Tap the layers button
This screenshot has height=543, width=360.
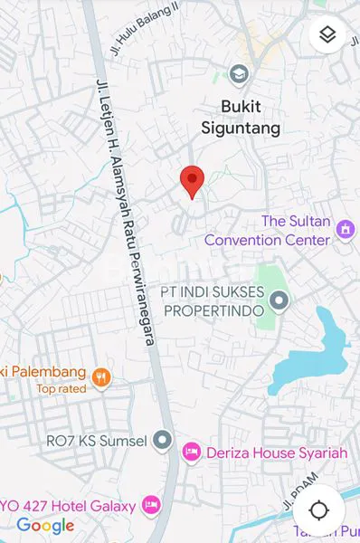[327, 35]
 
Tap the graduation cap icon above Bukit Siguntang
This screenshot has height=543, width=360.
[240, 73]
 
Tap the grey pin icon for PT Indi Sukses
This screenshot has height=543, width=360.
[280, 300]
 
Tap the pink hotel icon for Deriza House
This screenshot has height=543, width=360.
[191, 451]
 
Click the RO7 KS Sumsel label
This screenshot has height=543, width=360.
[102, 441]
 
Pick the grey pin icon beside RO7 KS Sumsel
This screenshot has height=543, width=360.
[162, 441]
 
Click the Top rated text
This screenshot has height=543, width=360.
[61, 389]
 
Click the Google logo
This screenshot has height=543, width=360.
[45, 525]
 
